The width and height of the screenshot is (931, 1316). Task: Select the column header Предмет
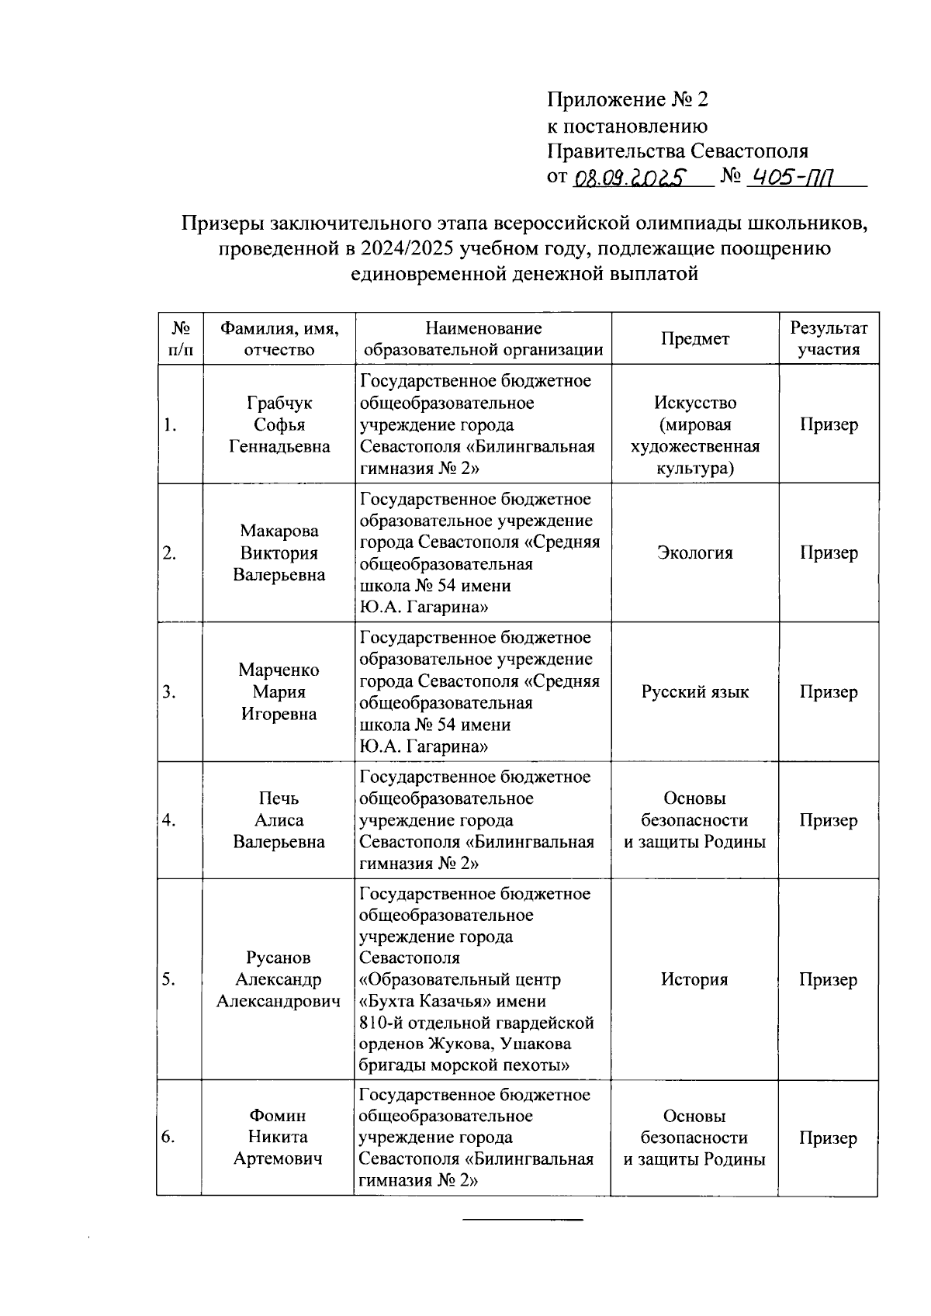pos(695,339)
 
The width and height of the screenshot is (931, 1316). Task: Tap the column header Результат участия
pos(829,339)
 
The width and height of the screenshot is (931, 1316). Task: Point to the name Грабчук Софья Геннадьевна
pos(279,424)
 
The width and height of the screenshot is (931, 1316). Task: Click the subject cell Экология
pos(695,553)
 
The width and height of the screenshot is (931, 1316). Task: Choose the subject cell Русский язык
pos(695,692)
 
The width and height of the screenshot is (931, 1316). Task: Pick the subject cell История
pos(694,980)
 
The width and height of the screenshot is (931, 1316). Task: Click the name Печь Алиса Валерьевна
pos(279,820)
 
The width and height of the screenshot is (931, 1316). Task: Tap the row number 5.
pos(168,980)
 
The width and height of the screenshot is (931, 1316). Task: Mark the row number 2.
pos(169,553)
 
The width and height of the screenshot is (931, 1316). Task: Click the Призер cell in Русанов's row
pos(829,980)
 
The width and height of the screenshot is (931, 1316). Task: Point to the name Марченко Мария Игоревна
pos(279,692)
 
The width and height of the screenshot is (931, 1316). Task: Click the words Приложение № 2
pos(628,99)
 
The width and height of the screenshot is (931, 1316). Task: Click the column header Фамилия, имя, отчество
pos(279,339)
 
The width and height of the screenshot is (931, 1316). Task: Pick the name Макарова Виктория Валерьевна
pos(279,553)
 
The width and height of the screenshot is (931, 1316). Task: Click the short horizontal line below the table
pos(522,1221)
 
